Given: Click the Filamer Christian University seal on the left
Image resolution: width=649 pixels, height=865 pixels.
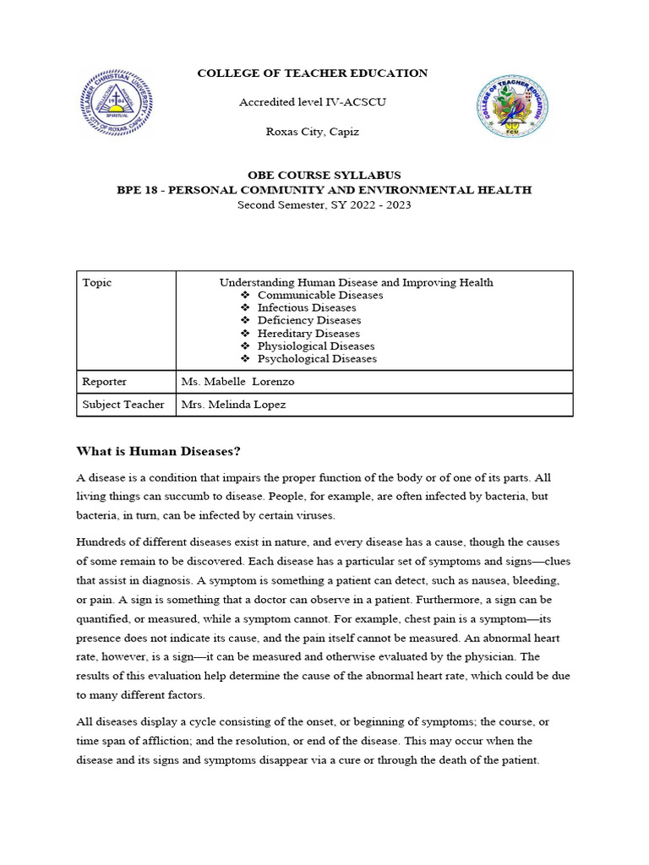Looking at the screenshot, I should [116, 103].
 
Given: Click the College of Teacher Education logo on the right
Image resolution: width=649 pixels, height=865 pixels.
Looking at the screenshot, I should [511, 106].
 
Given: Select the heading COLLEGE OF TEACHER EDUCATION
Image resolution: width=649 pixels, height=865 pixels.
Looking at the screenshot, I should [312, 73].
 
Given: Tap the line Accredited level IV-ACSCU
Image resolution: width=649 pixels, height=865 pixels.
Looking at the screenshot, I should [312, 102].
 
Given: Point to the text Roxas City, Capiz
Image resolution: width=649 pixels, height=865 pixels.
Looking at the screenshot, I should [312, 132].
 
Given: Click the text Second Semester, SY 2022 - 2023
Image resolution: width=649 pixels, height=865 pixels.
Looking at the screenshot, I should [324, 204].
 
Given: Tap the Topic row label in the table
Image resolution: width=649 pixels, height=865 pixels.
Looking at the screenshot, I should [96, 283].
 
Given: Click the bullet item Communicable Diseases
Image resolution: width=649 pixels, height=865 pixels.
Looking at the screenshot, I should [319, 296].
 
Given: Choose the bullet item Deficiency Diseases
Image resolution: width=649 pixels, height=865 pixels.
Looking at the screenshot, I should [308, 321].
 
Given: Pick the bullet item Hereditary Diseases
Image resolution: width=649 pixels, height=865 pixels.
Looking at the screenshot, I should [308, 334].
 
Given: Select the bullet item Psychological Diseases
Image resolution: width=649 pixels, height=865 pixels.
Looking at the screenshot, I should [317, 359].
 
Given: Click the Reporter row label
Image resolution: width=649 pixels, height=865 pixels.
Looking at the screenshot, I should [105, 382].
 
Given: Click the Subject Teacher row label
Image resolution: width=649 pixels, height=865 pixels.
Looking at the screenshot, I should [123, 405].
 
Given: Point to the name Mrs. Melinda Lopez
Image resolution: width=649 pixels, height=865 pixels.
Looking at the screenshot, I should [234, 405].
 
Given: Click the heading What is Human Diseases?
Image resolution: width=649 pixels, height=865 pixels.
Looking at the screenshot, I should [164, 450].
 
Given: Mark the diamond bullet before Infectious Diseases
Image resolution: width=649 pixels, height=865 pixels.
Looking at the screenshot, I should [245, 308].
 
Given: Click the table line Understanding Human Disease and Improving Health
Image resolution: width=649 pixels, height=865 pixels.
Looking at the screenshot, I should [356, 283].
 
